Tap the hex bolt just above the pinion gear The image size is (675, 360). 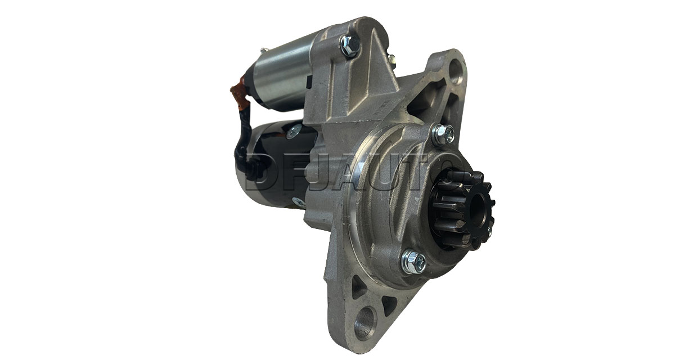click(443, 134)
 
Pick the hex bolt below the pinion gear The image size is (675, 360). click(414, 261)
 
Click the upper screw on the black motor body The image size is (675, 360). click(294, 132)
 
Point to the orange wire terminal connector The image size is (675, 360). click(241, 93)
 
